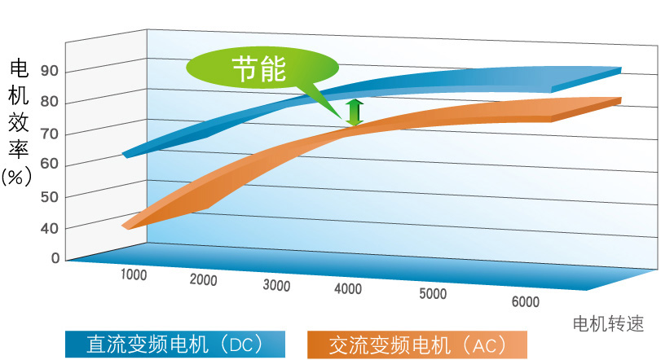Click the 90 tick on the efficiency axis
[50, 72]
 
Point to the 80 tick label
[50, 103]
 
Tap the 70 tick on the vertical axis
[50, 134]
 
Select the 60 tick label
[50, 165]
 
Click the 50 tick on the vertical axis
[50, 197]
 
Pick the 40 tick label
[50, 229]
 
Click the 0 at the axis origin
[55, 258]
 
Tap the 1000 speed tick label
[134, 274]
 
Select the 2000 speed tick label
[203, 280]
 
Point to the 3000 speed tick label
[277, 285]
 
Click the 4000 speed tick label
[348, 289]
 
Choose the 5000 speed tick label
[433, 294]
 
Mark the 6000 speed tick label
[526, 302]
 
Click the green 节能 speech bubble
[259, 69]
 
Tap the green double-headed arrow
[354, 112]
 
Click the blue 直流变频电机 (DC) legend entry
[175, 345]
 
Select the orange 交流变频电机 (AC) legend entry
[417, 345]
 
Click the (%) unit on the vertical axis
[16, 177]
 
